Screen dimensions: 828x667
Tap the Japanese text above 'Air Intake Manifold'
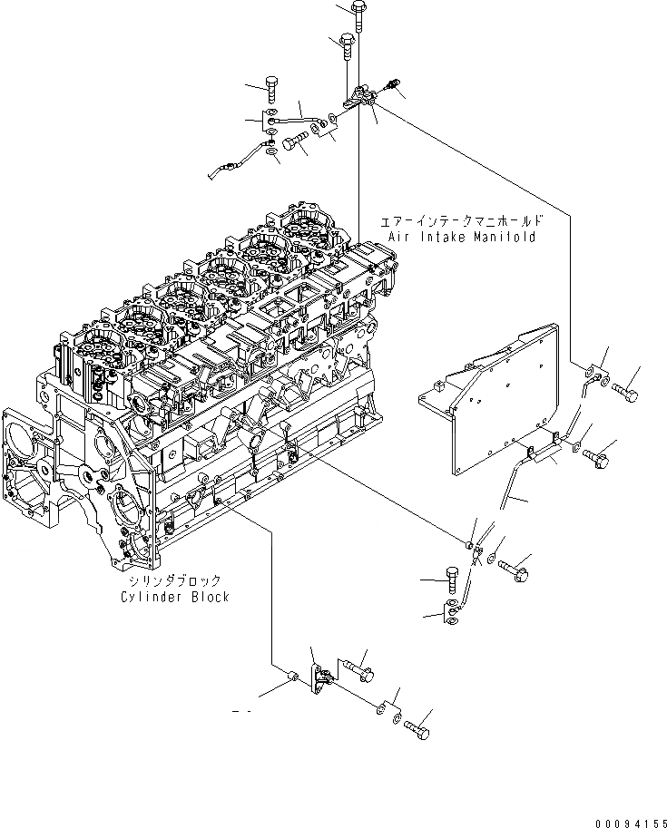click(463, 220)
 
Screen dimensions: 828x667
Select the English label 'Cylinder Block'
click(174, 597)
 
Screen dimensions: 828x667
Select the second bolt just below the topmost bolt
click(347, 44)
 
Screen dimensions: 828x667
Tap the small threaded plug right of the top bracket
click(393, 86)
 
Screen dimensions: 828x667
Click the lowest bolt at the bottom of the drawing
click(417, 727)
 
